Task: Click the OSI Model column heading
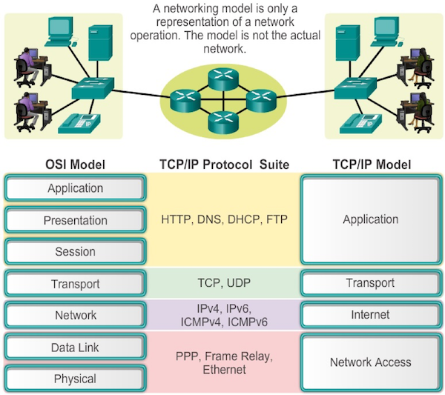click(x=74, y=164)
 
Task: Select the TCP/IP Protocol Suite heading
click(x=223, y=164)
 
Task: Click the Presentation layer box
click(x=75, y=220)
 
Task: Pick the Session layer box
click(x=75, y=252)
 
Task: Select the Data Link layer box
click(x=75, y=348)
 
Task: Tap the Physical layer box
click(x=75, y=379)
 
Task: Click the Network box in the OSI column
click(x=75, y=315)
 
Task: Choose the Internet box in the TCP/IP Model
click(x=370, y=315)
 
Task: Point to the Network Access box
click(x=370, y=362)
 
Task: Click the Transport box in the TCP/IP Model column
click(x=370, y=283)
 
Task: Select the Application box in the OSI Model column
click(x=75, y=188)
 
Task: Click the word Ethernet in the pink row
click(x=224, y=369)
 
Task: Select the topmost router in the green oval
click(x=223, y=76)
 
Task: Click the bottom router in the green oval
click(x=223, y=119)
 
